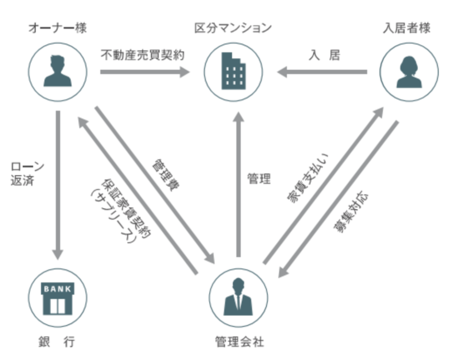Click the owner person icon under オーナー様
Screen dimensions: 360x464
(x=58, y=71)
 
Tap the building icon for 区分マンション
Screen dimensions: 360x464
(x=233, y=71)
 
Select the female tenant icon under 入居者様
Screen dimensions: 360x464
(x=409, y=71)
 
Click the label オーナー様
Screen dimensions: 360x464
(x=58, y=28)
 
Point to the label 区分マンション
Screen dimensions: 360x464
(x=233, y=28)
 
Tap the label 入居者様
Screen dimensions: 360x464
(x=406, y=28)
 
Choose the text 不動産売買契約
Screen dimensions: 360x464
(x=142, y=55)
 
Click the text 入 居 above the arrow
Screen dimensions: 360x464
(x=324, y=55)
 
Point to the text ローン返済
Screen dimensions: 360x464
(x=27, y=174)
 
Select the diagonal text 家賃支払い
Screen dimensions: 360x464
(x=307, y=178)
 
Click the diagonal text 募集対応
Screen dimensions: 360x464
(x=351, y=213)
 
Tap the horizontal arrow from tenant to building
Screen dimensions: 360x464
(x=322, y=72)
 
